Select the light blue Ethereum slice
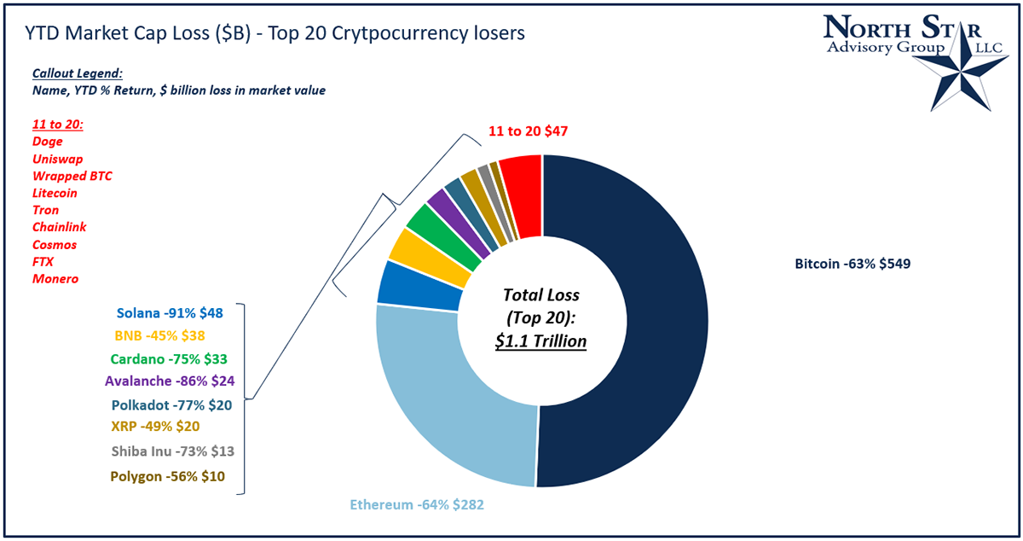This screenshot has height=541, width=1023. [443, 410]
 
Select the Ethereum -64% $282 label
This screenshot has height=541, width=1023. [418, 505]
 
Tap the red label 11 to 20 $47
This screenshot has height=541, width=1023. [528, 131]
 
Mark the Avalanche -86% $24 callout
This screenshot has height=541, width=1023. [170, 381]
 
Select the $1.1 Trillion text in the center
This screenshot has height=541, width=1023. [541, 342]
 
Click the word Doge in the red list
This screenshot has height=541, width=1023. [47, 142]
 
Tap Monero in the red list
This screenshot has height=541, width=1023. [55, 279]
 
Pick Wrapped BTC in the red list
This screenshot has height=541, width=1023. [72, 176]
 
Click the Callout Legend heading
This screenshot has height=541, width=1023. [78, 74]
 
